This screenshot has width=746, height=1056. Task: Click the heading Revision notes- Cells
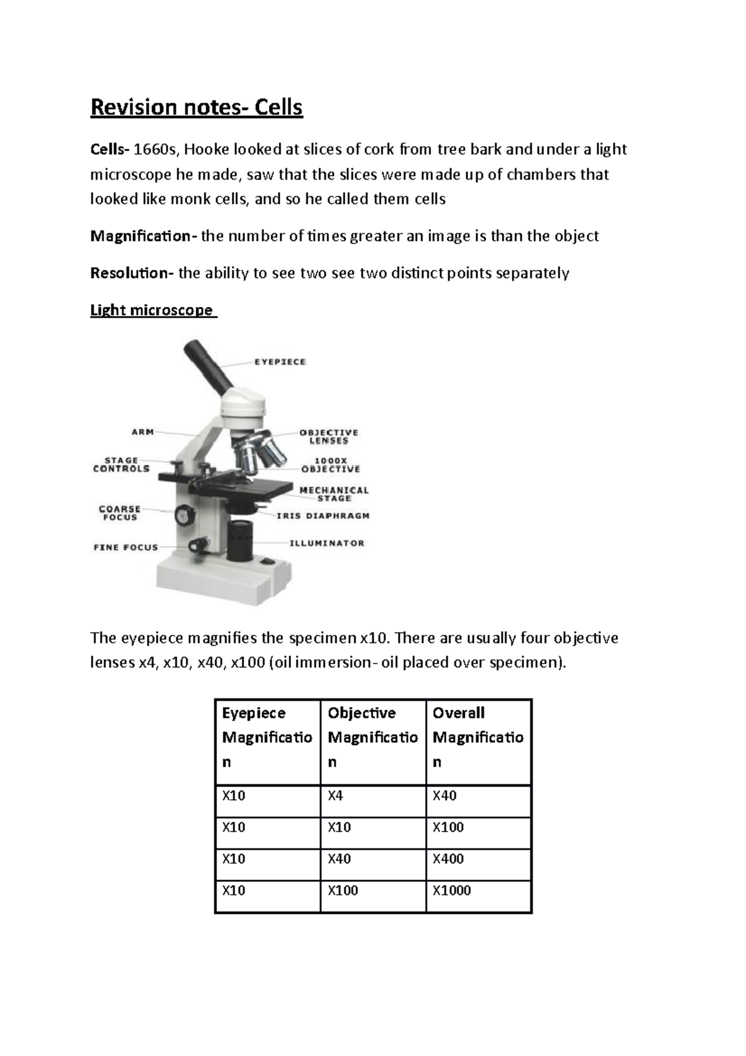tap(196, 108)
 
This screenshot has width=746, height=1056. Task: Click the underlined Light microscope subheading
tap(152, 310)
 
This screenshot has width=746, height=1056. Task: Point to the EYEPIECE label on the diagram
tap(280, 361)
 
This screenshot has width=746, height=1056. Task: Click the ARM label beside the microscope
tap(142, 431)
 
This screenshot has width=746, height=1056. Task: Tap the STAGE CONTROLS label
tap(121, 465)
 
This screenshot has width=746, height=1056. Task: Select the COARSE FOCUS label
tap(120, 513)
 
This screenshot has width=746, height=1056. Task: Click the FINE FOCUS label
tap(126, 547)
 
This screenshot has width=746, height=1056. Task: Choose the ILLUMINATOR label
tap(327, 543)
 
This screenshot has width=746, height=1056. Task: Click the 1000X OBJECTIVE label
tap(330, 465)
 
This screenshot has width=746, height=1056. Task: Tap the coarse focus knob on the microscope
tap(183, 514)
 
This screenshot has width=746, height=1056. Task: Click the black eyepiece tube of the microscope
tap(208, 362)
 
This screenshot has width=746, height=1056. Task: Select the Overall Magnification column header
tap(477, 737)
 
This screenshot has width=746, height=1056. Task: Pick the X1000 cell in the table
tap(452, 891)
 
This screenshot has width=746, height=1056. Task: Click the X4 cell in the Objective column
tap(336, 795)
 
